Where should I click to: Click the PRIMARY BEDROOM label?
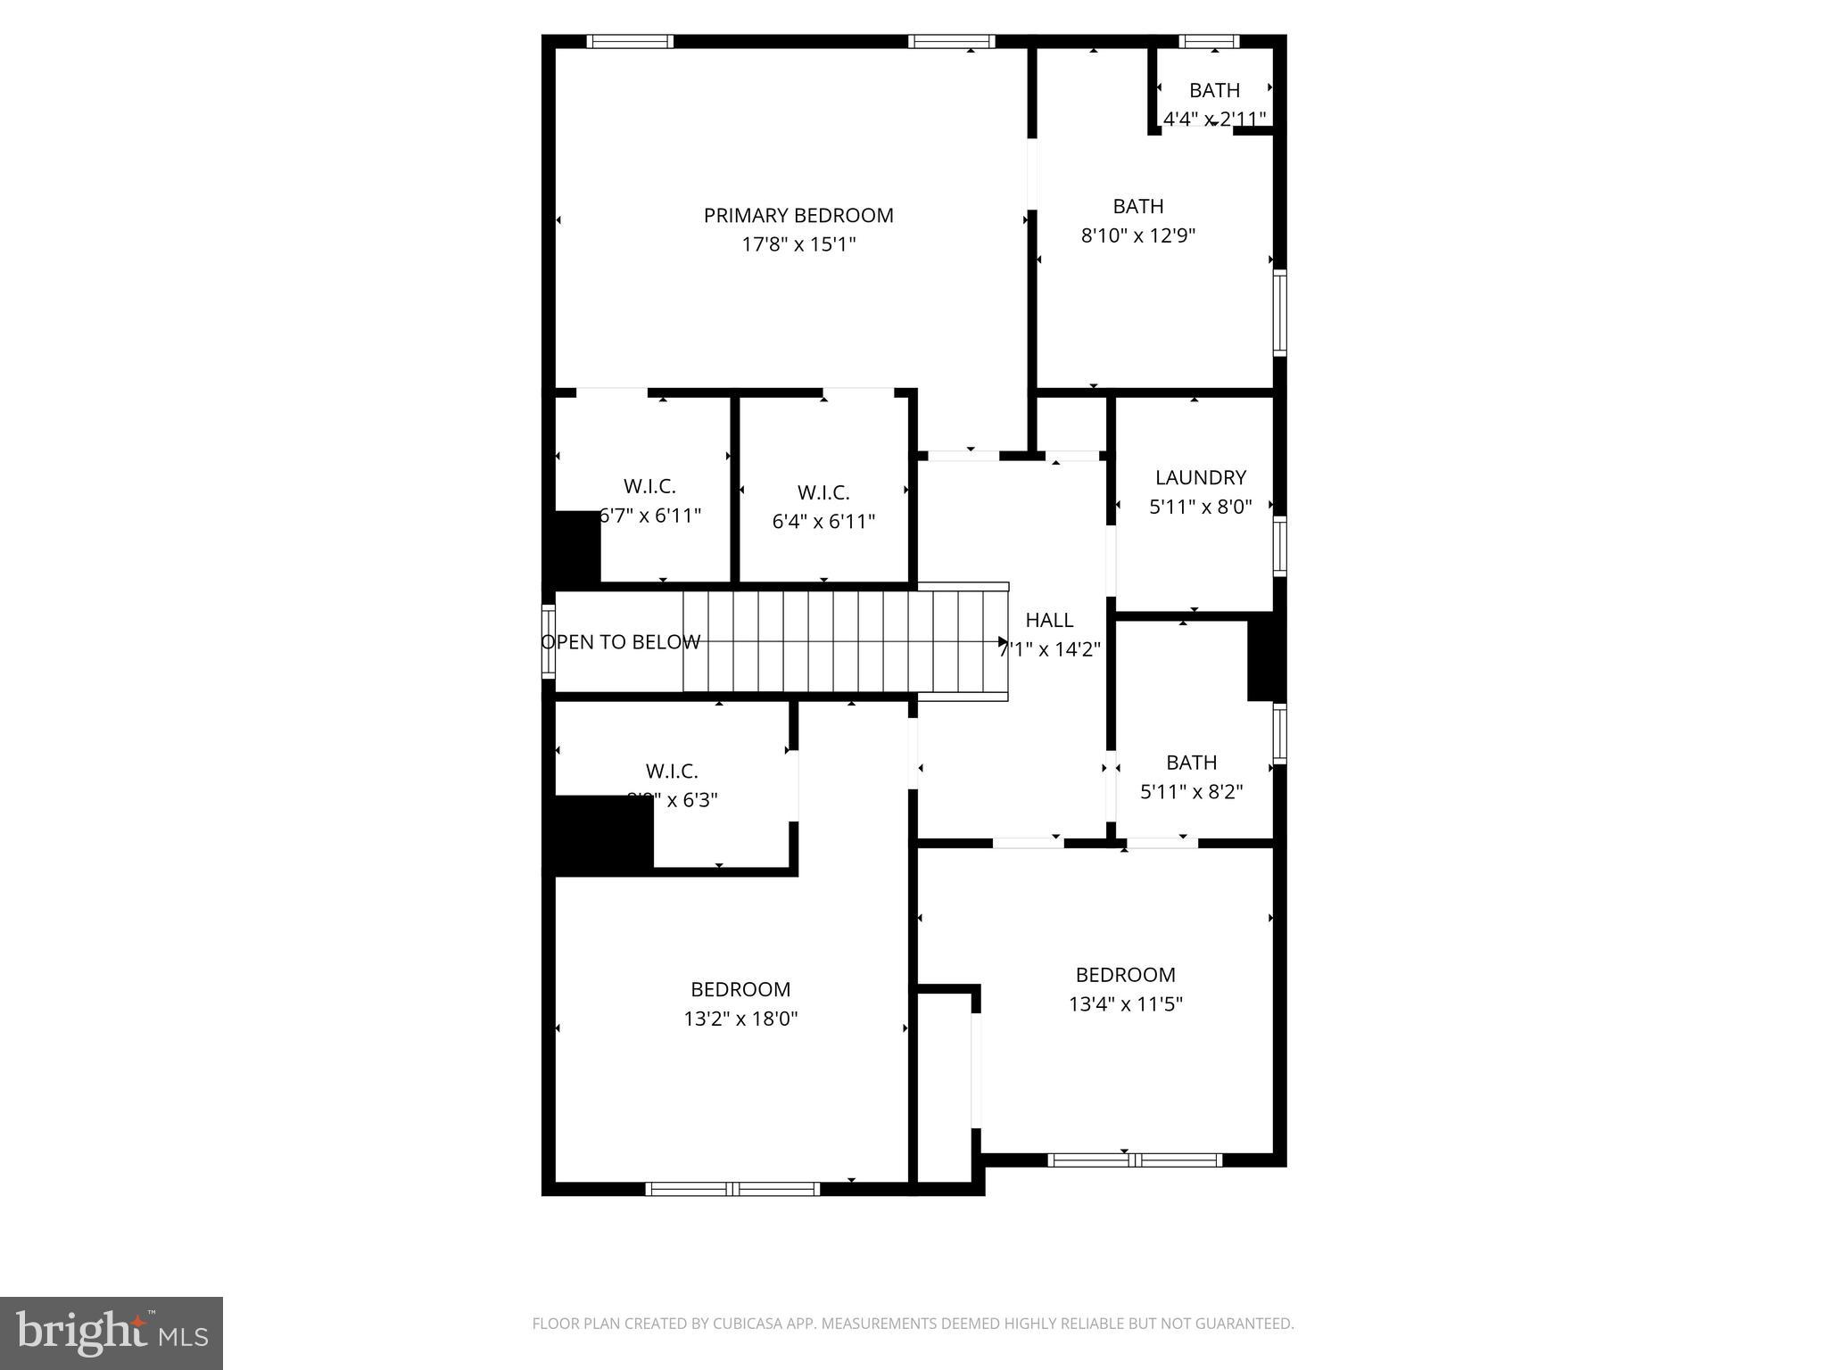798,216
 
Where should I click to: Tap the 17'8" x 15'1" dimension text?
798,244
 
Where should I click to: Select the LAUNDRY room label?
1200,478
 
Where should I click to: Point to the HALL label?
1049,620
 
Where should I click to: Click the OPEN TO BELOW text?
621,642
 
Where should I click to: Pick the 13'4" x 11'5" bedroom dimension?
1125,1004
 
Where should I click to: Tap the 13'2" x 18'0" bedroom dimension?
740,1019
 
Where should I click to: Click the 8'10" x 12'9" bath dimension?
1137,235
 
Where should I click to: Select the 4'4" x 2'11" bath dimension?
1214,119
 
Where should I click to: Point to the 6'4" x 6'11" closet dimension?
823,522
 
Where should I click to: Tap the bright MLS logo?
112,1333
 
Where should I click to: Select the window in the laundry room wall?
1279,546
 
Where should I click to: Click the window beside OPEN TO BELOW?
548,641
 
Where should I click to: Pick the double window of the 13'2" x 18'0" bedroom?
732,1188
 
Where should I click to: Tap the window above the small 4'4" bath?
1209,41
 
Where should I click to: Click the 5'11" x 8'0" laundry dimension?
1200,507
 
